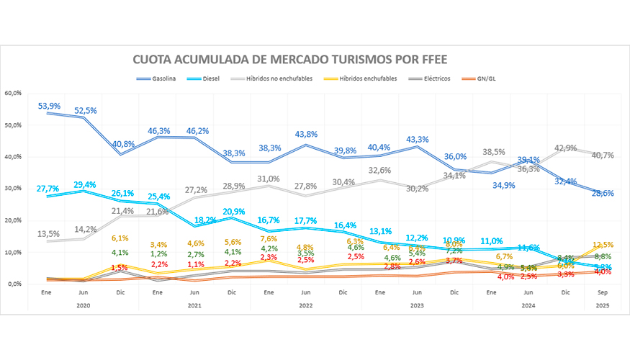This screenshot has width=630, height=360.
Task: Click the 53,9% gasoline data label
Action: [x=50, y=106]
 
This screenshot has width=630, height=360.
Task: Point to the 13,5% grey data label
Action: [x=50, y=233]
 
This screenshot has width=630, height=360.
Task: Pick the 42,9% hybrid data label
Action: [x=565, y=148]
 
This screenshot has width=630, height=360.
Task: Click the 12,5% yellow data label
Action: [x=602, y=245]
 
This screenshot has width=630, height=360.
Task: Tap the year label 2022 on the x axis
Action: [x=306, y=305]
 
